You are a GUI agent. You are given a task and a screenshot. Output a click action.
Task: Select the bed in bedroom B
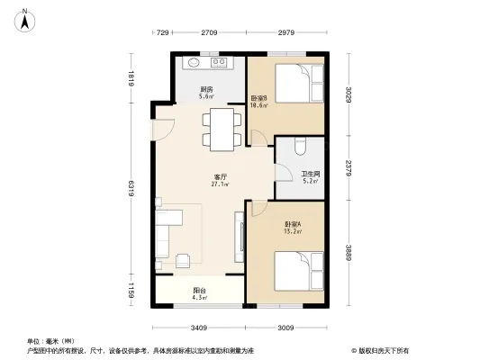coord(294,85)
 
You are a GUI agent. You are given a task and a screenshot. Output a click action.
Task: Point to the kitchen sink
coord(195,64)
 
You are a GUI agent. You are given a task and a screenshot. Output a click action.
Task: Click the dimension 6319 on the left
coord(131,189)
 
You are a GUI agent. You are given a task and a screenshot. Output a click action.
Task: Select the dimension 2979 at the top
coord(287,33)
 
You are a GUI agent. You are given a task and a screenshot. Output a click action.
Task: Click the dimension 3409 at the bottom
coord(199,328)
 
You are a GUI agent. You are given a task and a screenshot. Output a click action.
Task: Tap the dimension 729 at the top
coord(163,33)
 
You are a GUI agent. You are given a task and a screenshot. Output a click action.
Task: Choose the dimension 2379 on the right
coord(347,166)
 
